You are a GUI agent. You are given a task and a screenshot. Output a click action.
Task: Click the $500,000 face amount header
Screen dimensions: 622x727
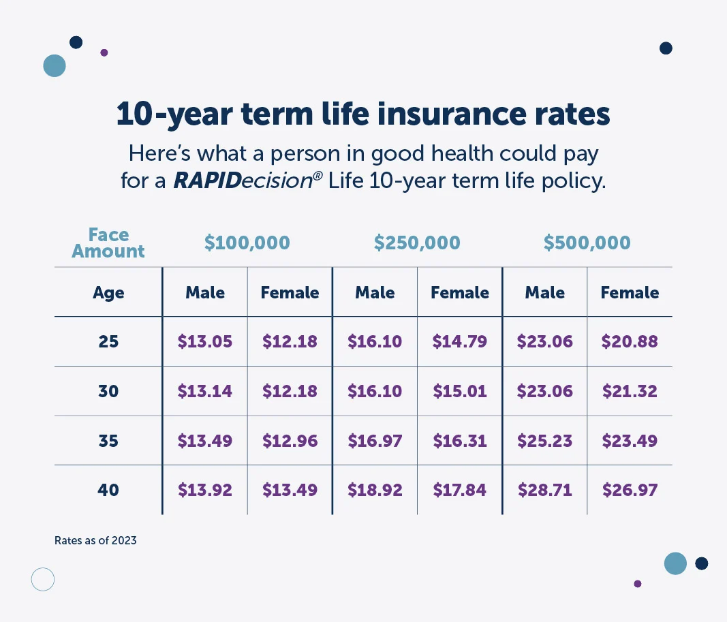click(x=587, y=243)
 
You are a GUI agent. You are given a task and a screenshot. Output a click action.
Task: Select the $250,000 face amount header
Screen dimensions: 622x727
click(x=417, y=243)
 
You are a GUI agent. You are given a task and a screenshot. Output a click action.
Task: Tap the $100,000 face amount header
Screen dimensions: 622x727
click(x=247, y=243)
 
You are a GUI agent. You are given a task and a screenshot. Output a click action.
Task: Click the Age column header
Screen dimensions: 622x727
click(x=108, y=293)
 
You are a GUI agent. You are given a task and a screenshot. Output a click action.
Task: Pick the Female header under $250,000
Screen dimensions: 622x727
click(x=460, y=293)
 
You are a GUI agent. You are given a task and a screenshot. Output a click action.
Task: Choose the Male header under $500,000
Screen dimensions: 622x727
click(x=544, y=293)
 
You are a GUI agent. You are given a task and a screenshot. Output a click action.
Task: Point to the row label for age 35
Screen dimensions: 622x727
click(x=108, y=441)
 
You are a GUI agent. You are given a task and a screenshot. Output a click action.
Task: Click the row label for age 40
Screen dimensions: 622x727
click(x=108, y=490)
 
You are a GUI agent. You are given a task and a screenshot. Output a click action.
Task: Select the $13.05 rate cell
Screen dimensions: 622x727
click(x=205, y=341)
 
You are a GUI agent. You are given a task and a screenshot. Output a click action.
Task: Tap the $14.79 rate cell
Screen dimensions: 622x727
click(x=460, y=341)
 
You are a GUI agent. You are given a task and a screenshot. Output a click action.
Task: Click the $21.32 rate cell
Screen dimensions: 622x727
click(x=630, y=391)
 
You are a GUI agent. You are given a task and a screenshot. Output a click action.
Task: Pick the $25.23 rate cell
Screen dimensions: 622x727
click(x=544, y=441)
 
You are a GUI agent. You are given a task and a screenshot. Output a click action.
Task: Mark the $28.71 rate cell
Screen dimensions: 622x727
click(x=544, y=490)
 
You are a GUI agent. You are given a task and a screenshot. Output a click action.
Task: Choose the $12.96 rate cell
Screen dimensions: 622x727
click(x=290, y=441)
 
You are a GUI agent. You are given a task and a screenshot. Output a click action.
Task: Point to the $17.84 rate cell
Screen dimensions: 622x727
click(x=460, y=490)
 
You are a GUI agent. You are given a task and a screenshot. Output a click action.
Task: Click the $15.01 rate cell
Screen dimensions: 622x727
click(x=460, y=391)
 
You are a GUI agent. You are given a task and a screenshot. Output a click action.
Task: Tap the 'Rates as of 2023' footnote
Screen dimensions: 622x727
click(x=95, y=541)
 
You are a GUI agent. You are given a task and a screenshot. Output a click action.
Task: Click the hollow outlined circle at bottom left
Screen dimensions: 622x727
click(x=43, y=579)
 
